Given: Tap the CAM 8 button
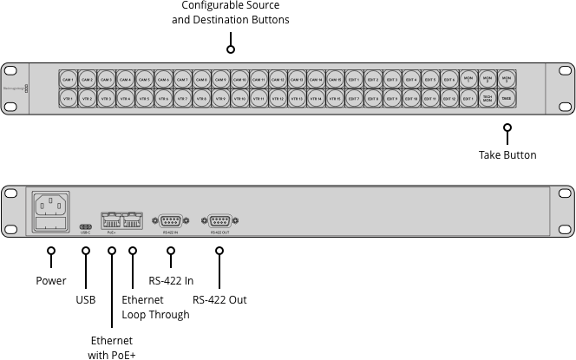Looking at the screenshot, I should (201, 80).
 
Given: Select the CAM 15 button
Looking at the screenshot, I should (335, 80).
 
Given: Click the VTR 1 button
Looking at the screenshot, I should (68, 100).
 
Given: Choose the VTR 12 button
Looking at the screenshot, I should (278, 100).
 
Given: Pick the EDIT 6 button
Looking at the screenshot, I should (449, 80).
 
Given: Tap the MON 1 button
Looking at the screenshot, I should (468, 80).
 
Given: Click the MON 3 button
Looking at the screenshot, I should (507, 80).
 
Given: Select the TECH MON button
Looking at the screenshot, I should (488, 100).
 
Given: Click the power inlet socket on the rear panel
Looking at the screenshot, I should (51, 210).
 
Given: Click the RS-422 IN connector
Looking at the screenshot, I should (170, 221).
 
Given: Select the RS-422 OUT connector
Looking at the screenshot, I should (219, 221).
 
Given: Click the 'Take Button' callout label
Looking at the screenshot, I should (507, 155).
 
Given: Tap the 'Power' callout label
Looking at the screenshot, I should (51, 281).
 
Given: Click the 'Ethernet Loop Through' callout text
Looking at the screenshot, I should (155, 307).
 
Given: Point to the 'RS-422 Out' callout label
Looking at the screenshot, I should (219, 300).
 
